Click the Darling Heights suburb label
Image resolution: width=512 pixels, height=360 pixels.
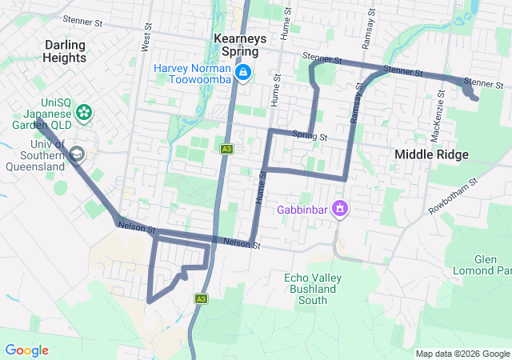coord(66,51)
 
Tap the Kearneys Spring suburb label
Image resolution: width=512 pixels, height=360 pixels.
coord(236,45)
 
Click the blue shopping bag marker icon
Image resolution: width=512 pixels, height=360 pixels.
coord(243,74)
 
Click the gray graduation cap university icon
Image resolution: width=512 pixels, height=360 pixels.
coord(77,154)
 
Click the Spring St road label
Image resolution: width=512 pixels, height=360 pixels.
coord(310,136)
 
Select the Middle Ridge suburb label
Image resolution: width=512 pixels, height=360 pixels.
coord(431,154)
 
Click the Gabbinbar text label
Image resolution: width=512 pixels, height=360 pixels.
coord(303,210)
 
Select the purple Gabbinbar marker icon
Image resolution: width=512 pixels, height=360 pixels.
coord(340,209)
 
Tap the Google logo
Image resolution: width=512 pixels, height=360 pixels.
coord(26,350)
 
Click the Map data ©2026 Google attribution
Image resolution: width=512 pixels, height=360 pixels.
coord(462,354)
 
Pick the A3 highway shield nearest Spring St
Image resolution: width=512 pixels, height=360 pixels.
coord(227,149)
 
